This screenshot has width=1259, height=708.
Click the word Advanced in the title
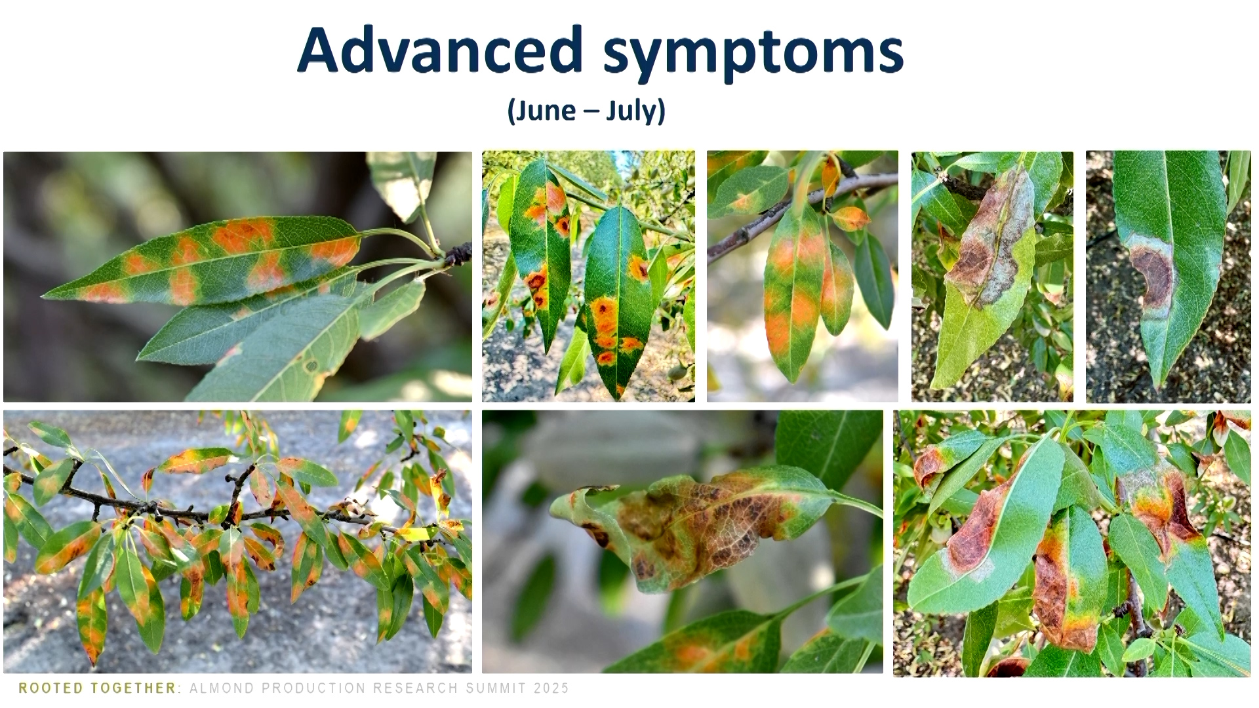click(x=440, y=50)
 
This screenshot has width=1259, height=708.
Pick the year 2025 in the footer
click(x=551, y=688)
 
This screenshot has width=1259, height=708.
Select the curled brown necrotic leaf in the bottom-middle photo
click(x=695, y=524)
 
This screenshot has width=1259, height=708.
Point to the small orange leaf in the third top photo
click(x=850, y=218)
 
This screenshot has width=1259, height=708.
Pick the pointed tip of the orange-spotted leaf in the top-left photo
click(x=43, y=297)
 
